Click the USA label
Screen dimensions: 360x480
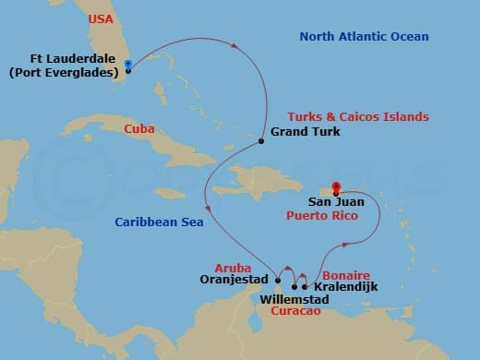pyautogui.click(x=101, y=19)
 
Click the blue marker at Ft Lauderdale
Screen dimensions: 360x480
pyautogui.click(x=127, y=66)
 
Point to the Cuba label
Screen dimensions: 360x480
pyautogui.click(x=139, y=128)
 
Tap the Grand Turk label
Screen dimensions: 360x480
pyautogui.click(x=306, y=132)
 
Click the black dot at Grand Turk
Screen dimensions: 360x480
pyautogui.click(x=262, y=140)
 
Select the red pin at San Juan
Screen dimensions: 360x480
pyautogui.click(x=336, y=187)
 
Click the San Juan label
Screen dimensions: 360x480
pyautogui.click(x=336, y=200)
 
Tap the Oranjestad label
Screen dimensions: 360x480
pyautogui.click(x=234, y=280)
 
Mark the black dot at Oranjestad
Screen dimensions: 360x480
pyautogui.click(x=278, y=280)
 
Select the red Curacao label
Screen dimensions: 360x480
pyautogui.click(x=296, y=312)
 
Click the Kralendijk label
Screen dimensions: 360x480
pyautogui.click(x=346, y=287)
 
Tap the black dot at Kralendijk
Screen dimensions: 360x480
pyautogui.click(x=305, y=286)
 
